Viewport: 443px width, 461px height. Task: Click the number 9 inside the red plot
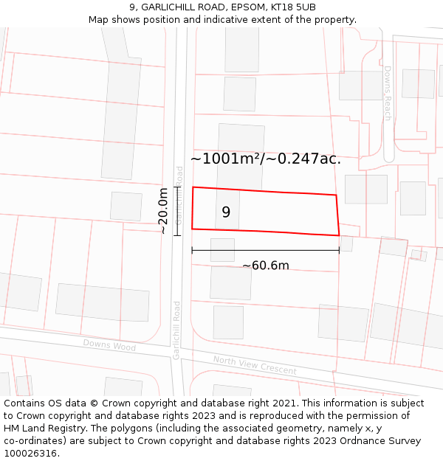coord(226,212)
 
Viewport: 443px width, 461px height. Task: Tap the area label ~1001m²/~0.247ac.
coord(266,159)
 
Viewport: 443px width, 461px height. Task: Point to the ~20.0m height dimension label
coord(163,211)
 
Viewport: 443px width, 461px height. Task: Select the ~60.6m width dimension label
coord(266,266)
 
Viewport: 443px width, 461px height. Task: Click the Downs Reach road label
coord(387,93)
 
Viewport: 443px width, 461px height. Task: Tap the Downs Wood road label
coord(109,344)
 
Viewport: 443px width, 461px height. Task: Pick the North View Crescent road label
coord(255,364)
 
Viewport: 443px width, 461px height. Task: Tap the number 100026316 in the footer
coord(30,454)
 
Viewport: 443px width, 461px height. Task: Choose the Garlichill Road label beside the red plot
coord(179,195)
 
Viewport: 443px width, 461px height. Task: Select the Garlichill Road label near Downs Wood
coord(176,330)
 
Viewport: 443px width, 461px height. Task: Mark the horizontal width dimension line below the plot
coord(266,250)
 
